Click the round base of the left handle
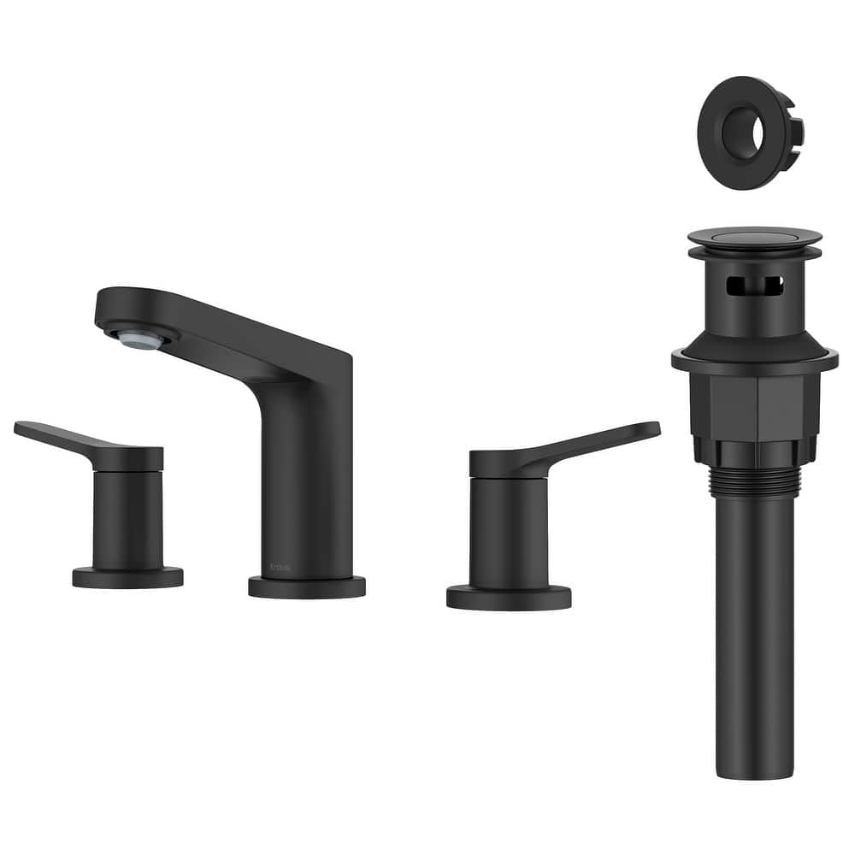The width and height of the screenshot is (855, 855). pos(127,578)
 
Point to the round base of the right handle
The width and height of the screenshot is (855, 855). pos(509,597)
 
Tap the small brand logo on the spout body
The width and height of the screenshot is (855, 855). pos(278,565)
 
